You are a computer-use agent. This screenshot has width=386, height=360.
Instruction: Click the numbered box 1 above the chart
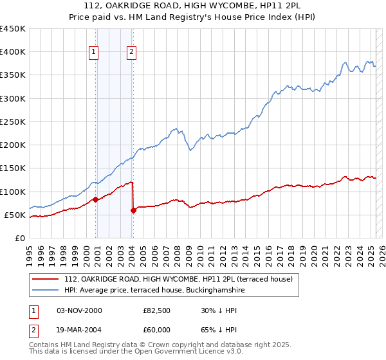pyautogui.click(x=94, y=53)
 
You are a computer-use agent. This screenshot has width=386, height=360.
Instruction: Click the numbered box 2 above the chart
pyautogui.click(x=131, y=53)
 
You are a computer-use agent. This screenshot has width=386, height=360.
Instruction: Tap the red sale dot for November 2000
pyautogui.click(x=95, y=199)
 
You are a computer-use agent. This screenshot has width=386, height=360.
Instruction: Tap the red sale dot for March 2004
pyautogui.click(x=133, y=210)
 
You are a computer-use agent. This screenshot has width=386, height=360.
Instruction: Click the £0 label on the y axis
pyautogui.click(x=20, y=238)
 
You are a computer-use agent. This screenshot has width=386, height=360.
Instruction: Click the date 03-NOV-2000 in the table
pyautogui.click(x=79, y=310)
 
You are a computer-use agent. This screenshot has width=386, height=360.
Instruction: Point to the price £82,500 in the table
pyautogui.click(x=157, y=310)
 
